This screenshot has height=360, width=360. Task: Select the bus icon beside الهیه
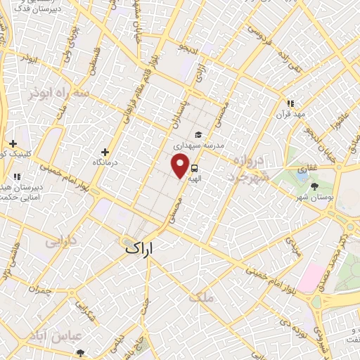(x=194, y=169)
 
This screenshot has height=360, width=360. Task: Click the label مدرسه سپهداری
(x=218, y=146)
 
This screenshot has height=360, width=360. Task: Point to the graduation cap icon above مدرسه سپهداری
(x=199, y=135)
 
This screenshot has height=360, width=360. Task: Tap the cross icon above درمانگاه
(x=105, y=152)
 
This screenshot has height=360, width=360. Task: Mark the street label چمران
(x=41, y=290)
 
